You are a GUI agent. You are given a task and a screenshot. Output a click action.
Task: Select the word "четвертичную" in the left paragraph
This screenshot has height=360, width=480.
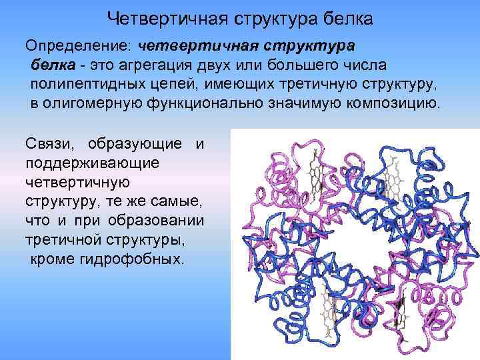pyautogui.click(x=79, y=181)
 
